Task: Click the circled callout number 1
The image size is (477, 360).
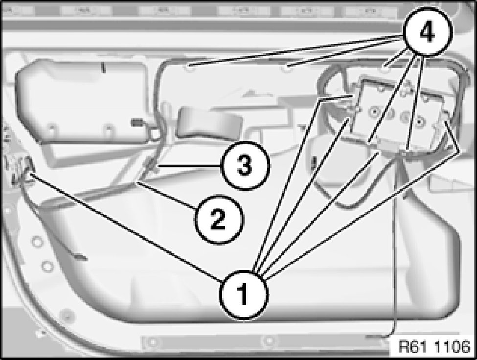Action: coord(244,294)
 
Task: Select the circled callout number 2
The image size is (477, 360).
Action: coord(219,220)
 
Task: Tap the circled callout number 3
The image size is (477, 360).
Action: coord(245,166)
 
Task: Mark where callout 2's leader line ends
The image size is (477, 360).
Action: coord(137,182)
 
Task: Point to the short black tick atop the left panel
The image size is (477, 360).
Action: coord(103,67)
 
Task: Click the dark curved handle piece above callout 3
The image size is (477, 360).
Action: coord(210,123)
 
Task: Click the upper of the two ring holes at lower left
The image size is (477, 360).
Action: coord(37,242)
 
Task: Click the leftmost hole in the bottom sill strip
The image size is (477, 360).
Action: coord(153,342)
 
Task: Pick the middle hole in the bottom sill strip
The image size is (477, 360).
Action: coord(268,340)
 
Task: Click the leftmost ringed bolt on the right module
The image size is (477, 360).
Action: coord(374,112)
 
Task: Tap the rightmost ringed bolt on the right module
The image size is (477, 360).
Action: coord(420,121)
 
